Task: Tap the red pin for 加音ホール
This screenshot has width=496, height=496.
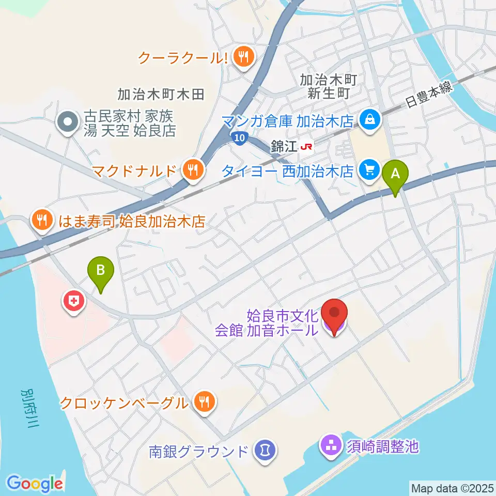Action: tap(334, 315)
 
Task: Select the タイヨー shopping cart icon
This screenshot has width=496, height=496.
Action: tap(369, 168)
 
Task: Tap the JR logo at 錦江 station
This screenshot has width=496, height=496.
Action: tap(306, 147)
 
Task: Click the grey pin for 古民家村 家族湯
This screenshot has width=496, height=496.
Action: tap(67, 122)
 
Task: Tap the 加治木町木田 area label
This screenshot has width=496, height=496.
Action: tap(161, 94)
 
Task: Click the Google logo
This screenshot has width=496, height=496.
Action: tap(35, 483)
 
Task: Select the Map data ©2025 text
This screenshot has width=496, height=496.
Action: tap(452, 488)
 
